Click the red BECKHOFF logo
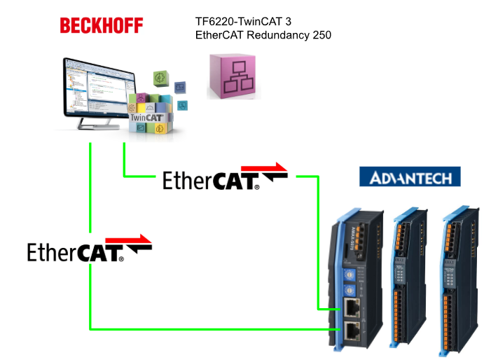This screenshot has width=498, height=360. click(102, 26)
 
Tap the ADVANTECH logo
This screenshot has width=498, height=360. click(410, 176)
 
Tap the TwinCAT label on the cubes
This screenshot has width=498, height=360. click(149, 118)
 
